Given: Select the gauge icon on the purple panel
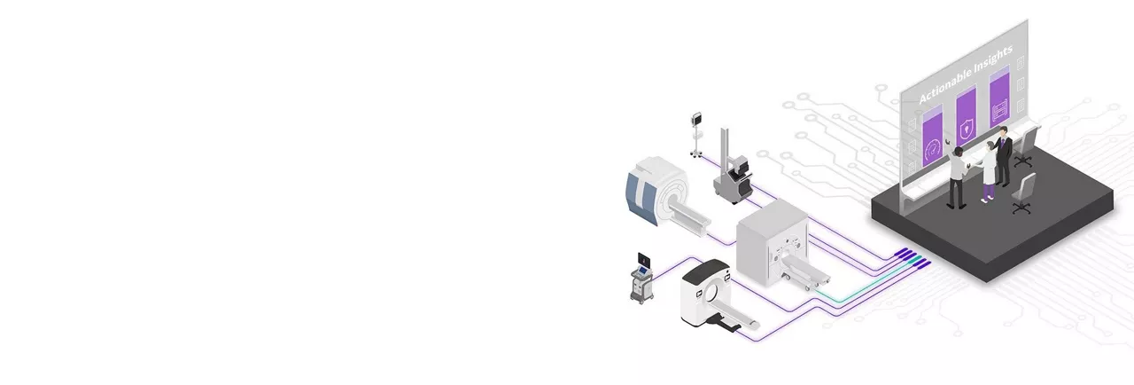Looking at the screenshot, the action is coord(933,150).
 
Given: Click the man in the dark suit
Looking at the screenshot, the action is coord(1002,155).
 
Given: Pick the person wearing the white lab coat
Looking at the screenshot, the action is coord(987,171).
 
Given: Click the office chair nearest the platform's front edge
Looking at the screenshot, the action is coord(1023,193).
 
